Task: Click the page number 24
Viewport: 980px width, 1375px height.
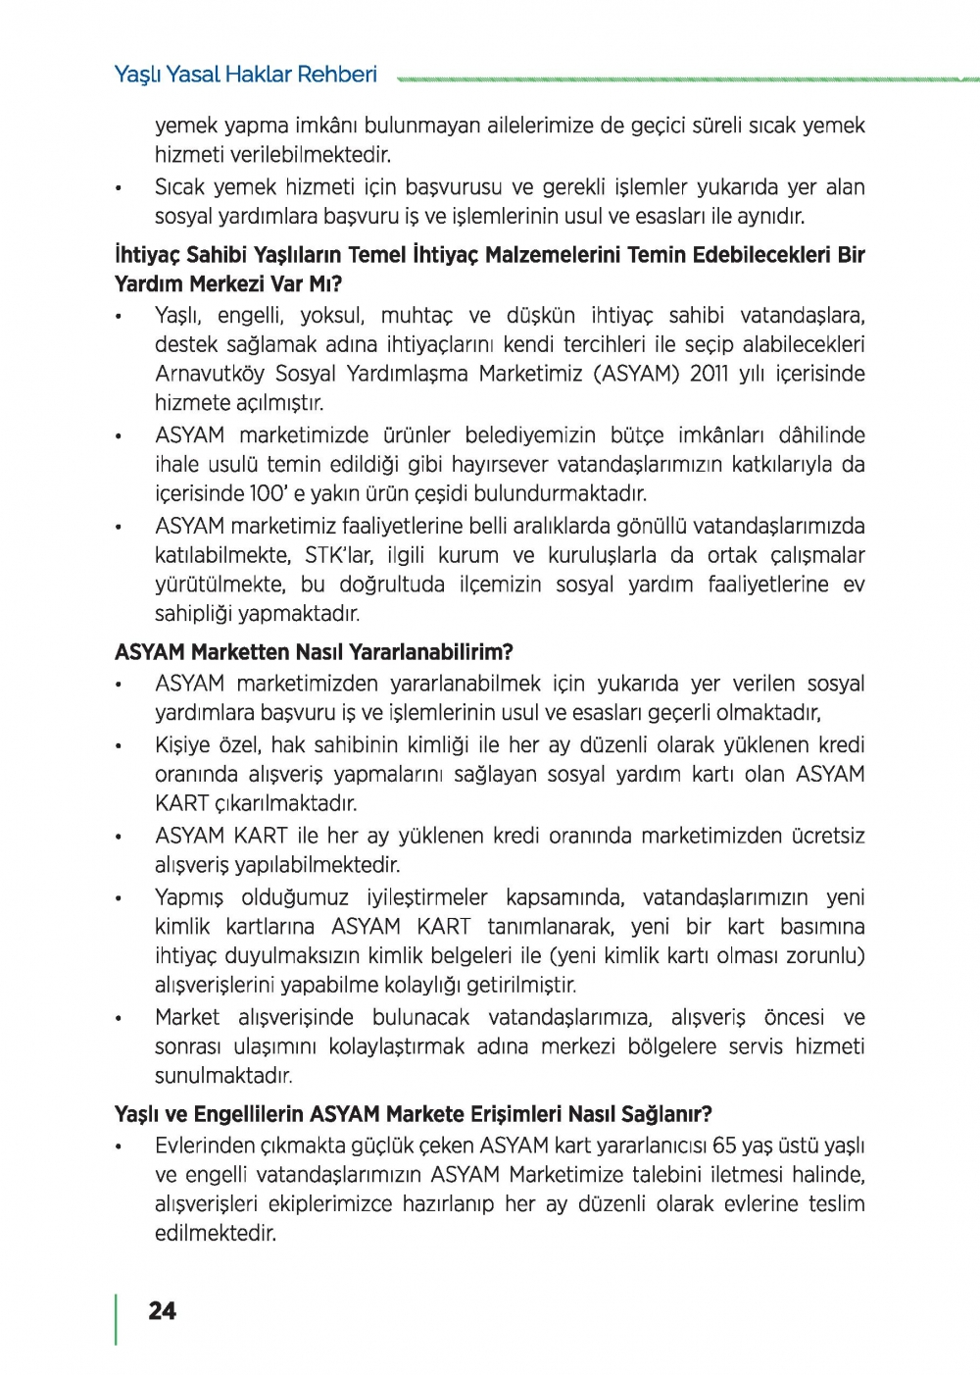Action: pyautogui.click(x=162, y=1310)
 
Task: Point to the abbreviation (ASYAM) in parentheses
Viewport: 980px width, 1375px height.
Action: pyautogui.click(x=636, y=374)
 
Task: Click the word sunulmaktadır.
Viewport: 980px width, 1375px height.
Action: pyautogui.click(x=223, y=1076)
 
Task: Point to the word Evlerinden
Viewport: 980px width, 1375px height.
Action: pyautogui.click(x=203, y=1146)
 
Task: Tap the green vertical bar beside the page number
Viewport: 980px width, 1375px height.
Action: pyautogui.click(x=117, y=1318)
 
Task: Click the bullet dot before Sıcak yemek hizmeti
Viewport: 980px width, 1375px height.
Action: pyautogui.click(x=119, y=188)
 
